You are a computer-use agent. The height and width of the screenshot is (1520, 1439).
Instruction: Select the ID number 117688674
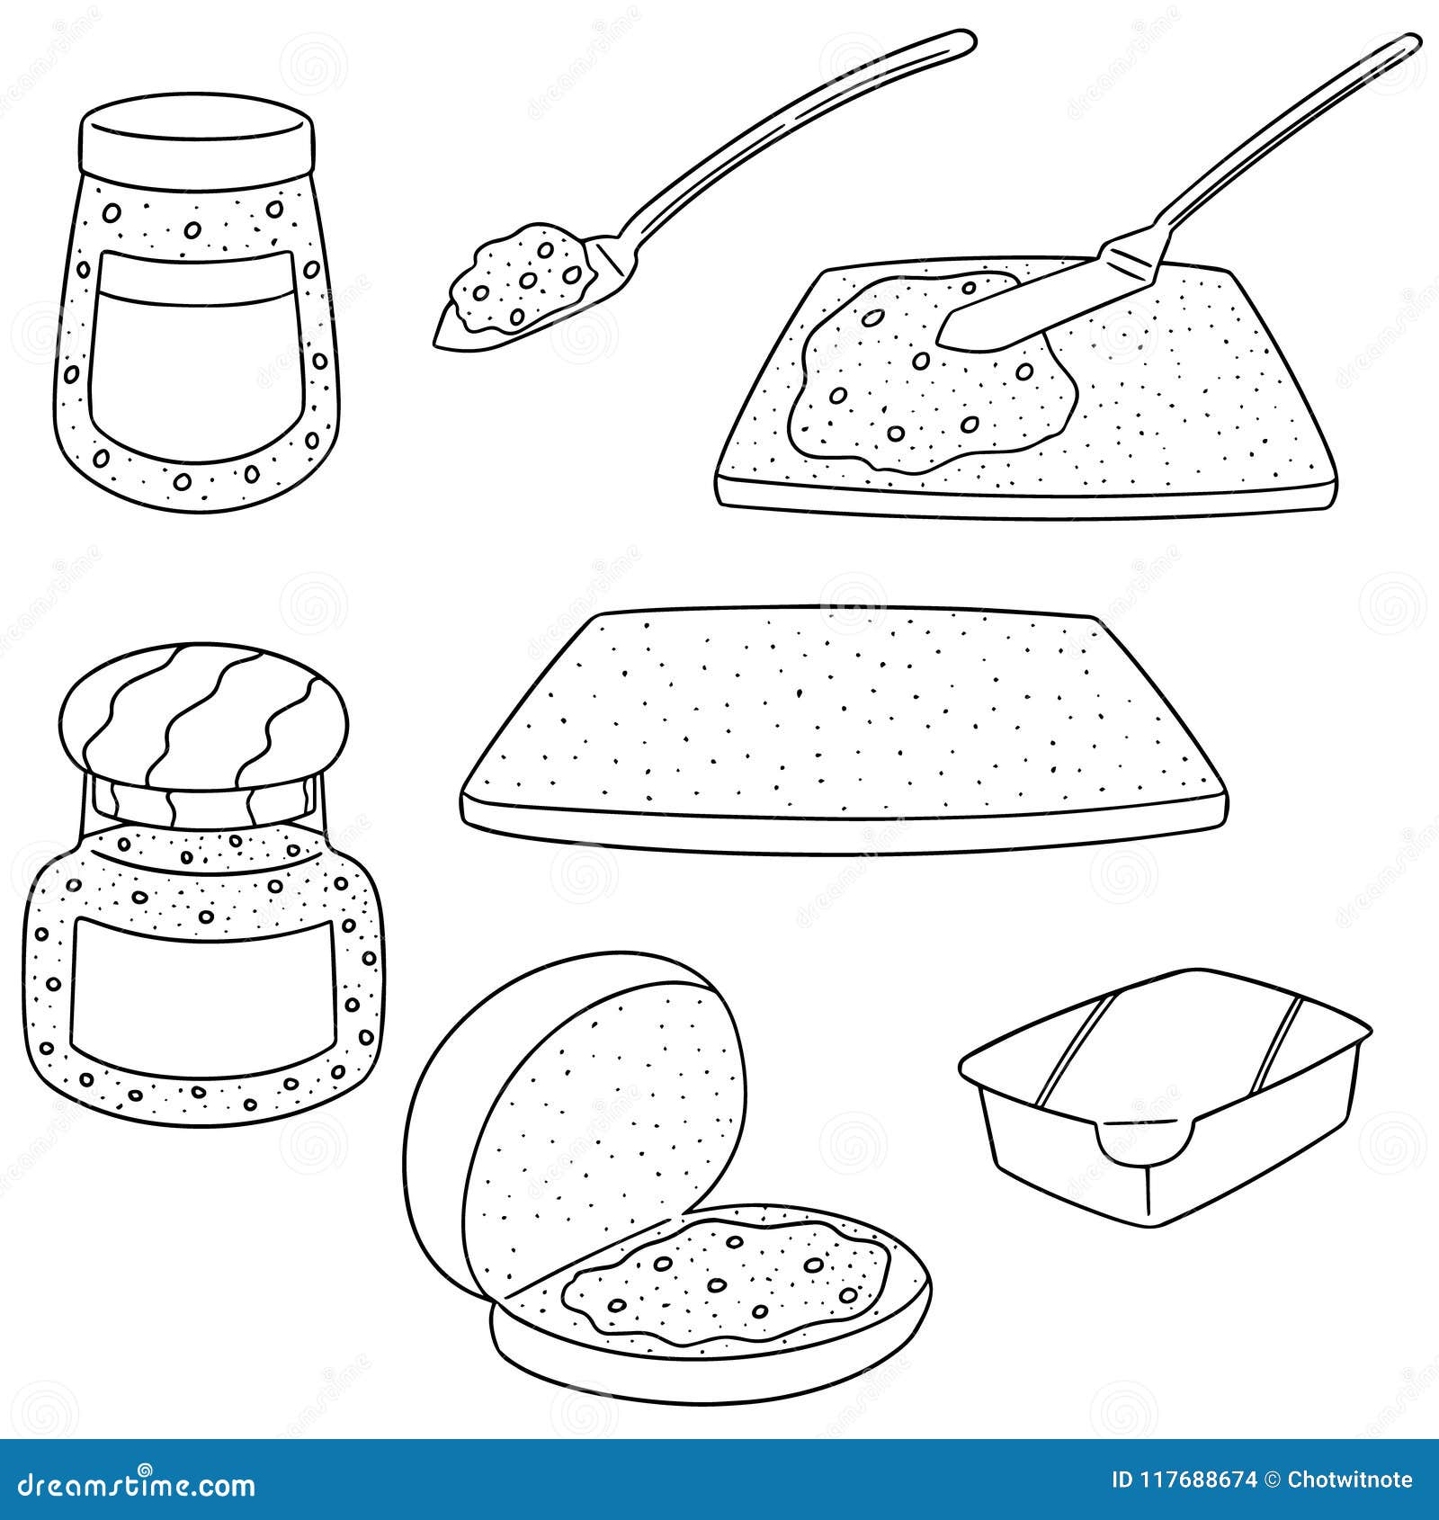pyautogui.click(x=1197, y=1480)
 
